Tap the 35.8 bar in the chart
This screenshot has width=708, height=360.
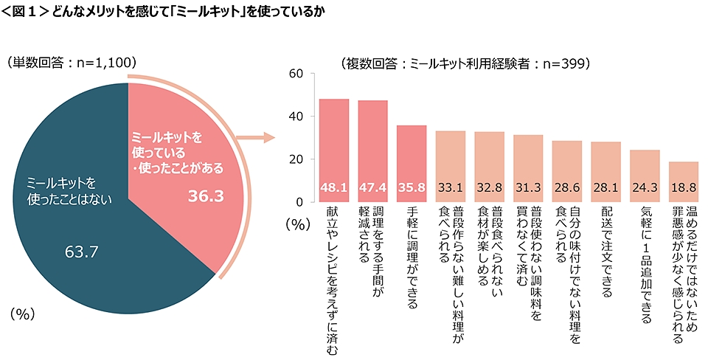tap(412, 163)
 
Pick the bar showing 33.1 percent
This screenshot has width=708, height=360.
tap(451, 166)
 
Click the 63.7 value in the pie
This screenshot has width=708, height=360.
tap(82, 254)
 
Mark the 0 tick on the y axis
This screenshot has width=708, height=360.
tap(299, 202)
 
